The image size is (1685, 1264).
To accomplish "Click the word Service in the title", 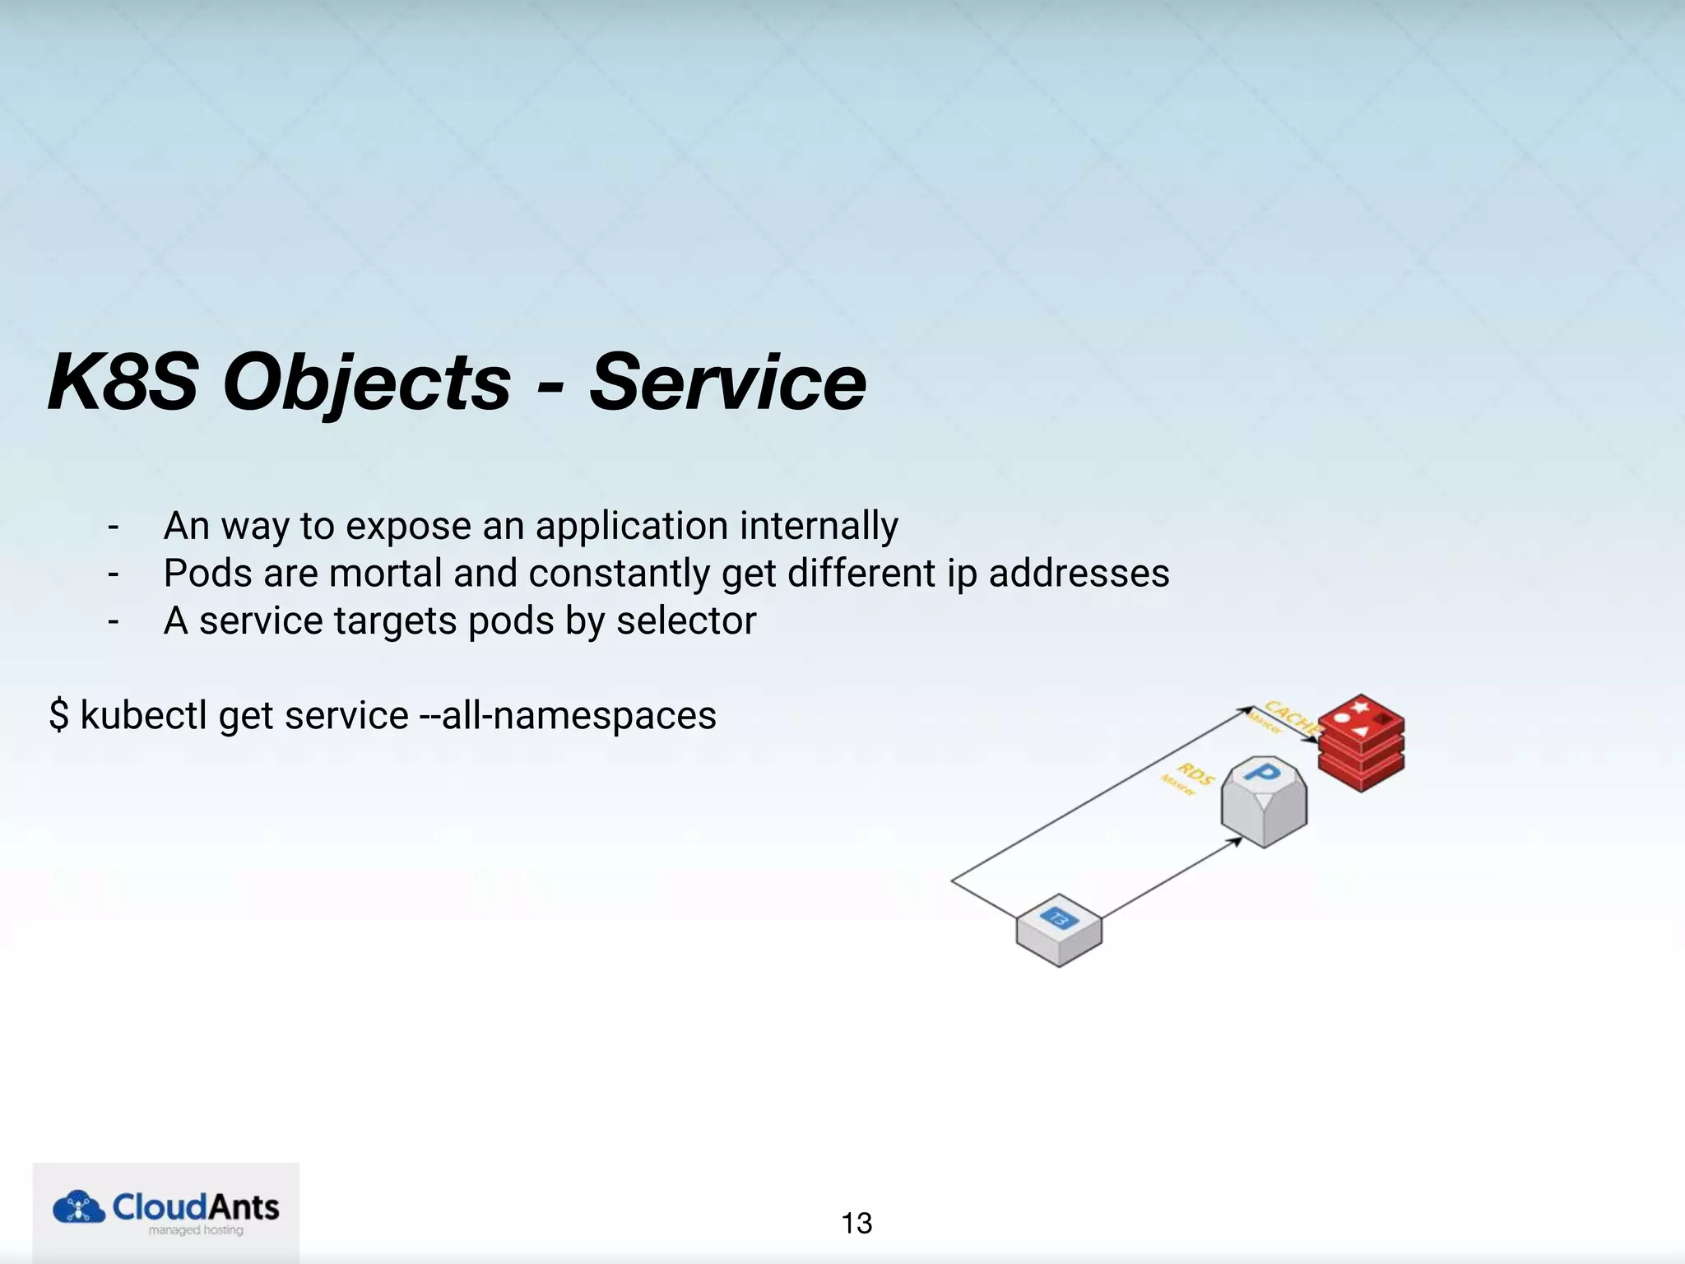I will [727, 382].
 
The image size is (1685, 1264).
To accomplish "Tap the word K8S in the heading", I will [123, 382].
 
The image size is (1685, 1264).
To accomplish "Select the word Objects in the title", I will [367, 383].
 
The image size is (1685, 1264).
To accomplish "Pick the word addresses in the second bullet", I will [1079, 573].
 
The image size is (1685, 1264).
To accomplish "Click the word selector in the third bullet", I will [686, 620].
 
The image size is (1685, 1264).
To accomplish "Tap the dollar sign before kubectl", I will [58, 714].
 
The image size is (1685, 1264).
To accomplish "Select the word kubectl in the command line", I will [143, 714].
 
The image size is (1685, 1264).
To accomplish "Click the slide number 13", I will [856, 1223].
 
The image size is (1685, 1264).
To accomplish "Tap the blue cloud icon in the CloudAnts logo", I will [79, 1207].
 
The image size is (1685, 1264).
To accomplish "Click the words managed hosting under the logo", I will [196, 1230].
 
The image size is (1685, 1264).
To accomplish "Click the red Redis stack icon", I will [1361, 742].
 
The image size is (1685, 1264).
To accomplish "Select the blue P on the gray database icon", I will [1263, 774].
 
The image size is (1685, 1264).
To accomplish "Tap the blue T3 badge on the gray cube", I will [1058, 918].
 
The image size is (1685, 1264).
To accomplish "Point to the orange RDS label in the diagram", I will [1195, 774].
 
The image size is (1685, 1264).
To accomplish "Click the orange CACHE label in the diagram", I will [1289, 716].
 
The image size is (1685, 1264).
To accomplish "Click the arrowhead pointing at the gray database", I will [1236, 841].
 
